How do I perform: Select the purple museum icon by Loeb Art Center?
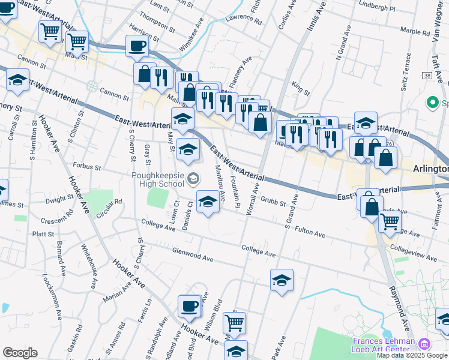coord(424,344)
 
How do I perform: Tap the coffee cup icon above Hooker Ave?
coord(189,306)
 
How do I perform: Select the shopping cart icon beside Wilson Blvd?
coord(234,322)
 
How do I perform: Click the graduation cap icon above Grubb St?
coord(208,202)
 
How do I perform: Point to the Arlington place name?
coord(430,169)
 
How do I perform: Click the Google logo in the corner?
coord(20,353)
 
